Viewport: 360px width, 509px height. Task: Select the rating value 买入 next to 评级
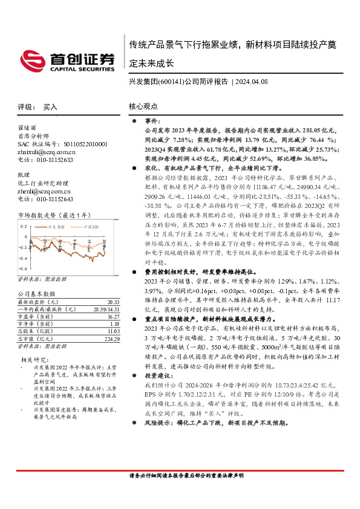coord(50,106)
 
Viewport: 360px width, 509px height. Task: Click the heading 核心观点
coord(143,106)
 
